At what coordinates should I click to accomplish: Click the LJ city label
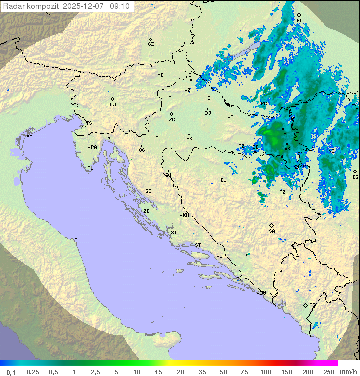[113, 105]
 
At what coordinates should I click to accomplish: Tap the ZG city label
[172, 120]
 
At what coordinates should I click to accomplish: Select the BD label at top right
[299, 21]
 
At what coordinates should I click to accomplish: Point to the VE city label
[29, 136]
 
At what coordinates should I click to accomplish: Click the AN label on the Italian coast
[77, 240]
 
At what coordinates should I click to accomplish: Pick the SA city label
[272, 231]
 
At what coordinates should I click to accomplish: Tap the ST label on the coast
[198, 245]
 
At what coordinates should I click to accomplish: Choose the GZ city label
[151, 44]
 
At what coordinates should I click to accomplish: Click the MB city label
[160, 75]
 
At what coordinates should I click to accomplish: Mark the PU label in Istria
[90, 168]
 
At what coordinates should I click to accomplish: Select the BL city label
[223, 180]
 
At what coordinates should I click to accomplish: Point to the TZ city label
[283, 192]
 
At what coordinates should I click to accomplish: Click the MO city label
[251, 254]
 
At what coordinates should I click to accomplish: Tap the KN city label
[186, 215]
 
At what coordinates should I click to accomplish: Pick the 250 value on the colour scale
[329, 372]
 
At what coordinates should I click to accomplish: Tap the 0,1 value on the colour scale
[11, 372]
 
